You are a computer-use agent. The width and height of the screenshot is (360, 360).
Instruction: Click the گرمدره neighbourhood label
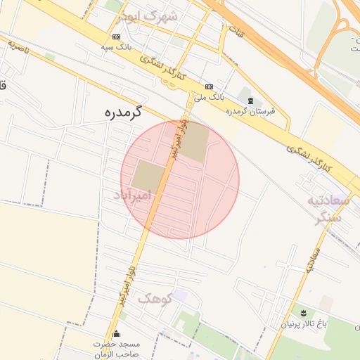pos(123,112)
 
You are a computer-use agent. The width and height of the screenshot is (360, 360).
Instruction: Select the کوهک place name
pos(155,299)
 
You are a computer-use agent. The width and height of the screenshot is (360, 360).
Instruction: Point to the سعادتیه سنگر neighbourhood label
pos(328,210)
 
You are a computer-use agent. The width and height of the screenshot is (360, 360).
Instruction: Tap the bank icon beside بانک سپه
pos(115,37)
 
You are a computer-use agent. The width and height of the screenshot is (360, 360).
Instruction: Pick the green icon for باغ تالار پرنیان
pos(304,312)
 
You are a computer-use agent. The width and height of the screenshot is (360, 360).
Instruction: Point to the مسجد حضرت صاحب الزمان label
pos(118,349)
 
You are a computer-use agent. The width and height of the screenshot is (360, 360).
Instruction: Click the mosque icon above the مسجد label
pos(116,333)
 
